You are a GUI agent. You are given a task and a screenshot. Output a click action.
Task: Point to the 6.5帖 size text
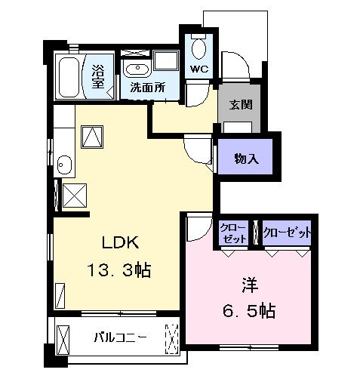click(x=248, y=310)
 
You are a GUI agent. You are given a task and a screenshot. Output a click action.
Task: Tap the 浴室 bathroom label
click(x=98, y=76)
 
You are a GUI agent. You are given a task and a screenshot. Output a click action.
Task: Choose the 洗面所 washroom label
click(x=148, y=87)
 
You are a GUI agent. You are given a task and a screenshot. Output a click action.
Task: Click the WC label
click(x=198, y=69)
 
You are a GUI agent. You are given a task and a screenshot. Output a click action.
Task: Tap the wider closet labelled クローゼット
click(x=287, y=233)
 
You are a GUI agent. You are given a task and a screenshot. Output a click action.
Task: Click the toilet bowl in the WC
click(x=198, y=48)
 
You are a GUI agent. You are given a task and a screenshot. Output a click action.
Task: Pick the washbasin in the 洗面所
click(x=138, y=69)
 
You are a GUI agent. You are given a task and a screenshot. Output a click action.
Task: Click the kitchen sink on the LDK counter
click(x=63, y=164)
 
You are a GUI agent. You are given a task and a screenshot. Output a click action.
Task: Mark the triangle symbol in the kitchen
click(x=93, y=137)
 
